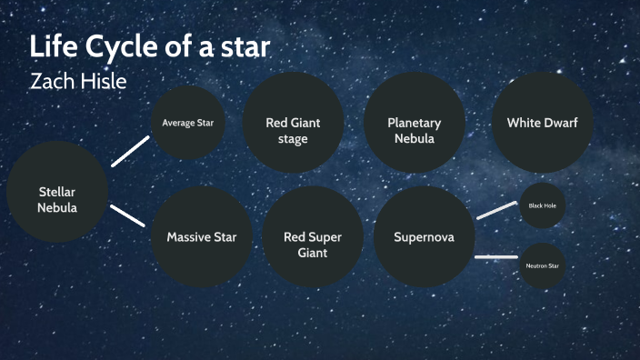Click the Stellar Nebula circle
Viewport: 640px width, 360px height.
[57, 192]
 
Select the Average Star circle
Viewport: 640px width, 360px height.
[188, 122]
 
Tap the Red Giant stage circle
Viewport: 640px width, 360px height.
[293, 123]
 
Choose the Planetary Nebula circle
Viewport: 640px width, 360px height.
[414, 123]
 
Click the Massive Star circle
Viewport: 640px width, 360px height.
[201, 237]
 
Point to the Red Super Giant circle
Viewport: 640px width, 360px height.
[313, 237]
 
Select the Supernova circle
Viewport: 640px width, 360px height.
[424, 237]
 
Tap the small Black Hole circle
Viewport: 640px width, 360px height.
[543, 205]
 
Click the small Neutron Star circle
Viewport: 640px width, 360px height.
[543, 265]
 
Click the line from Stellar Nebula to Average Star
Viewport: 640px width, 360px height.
[130, 151]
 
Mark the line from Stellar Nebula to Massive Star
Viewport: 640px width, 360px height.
[129, 215]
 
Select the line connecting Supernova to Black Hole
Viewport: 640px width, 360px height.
[496, 210]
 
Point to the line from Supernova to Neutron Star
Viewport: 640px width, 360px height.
[496, 257]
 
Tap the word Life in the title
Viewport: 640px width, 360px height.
[51, 47]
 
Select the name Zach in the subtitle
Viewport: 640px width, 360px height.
[53, 81]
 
